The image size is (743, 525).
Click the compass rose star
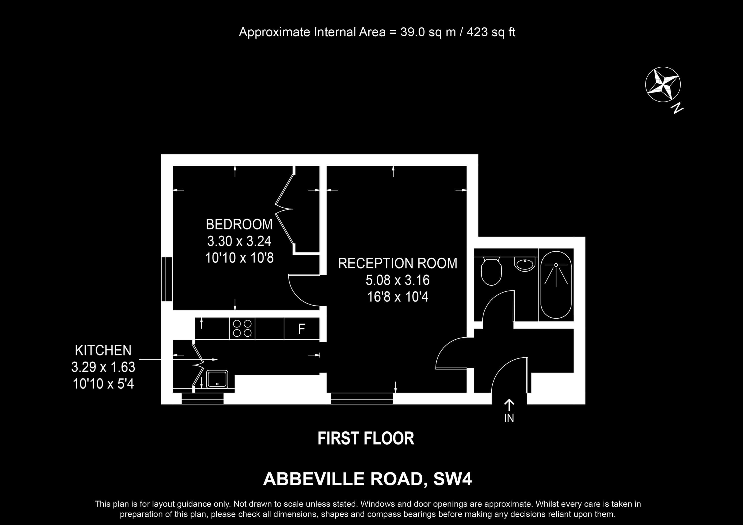click(x=663, y=84)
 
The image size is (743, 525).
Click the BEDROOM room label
click(x=239, y=224)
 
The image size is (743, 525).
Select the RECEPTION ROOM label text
click(x=398, y=263)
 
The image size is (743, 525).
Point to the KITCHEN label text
click(x=103, y=350)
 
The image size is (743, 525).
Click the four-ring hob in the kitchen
click(x=242, y=328)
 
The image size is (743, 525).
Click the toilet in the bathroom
click(x=491, y=271)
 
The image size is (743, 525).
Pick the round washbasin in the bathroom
click(x=525, y=264)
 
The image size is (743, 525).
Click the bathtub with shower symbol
click(x=556, y=285)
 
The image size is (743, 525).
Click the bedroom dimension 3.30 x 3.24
click(x=239, y=241)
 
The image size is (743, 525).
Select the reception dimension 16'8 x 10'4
click(x=398, y=297)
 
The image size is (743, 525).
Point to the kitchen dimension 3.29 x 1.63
click(x=103, y=367)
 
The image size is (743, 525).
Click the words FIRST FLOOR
click(x=366, y=438)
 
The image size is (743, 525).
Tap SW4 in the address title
click(x=452, y=479)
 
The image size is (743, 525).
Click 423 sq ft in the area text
click(x=491, y=32)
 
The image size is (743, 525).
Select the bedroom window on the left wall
click(x=167, y=279)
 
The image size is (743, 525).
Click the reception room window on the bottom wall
click(x=362, y=398)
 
